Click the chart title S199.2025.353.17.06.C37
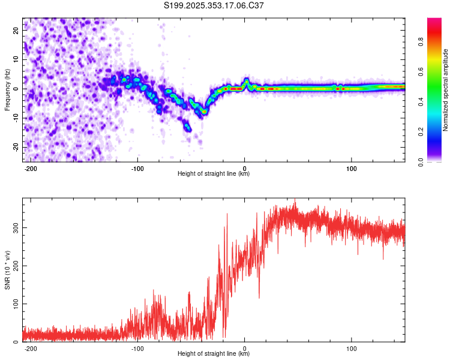pos(214,5)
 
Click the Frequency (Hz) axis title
pos(7,89)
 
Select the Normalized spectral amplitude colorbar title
pos(446,89)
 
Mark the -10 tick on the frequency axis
pos(15,118)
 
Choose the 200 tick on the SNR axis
pos(14,266)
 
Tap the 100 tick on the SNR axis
pos(14,304)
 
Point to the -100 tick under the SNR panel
pos(137,348)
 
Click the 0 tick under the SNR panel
pos(244,348)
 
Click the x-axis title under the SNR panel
pos(214,354)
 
